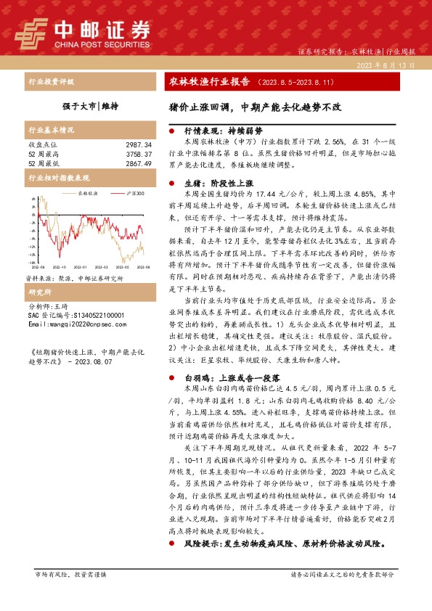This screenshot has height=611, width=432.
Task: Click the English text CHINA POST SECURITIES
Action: [102, 41]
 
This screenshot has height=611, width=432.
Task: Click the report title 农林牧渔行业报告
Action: [214, 81]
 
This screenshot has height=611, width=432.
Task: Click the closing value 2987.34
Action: [138, 145]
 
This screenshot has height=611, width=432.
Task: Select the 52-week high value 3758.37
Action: [138, 155]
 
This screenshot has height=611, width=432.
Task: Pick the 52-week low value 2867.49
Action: [138, 164]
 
